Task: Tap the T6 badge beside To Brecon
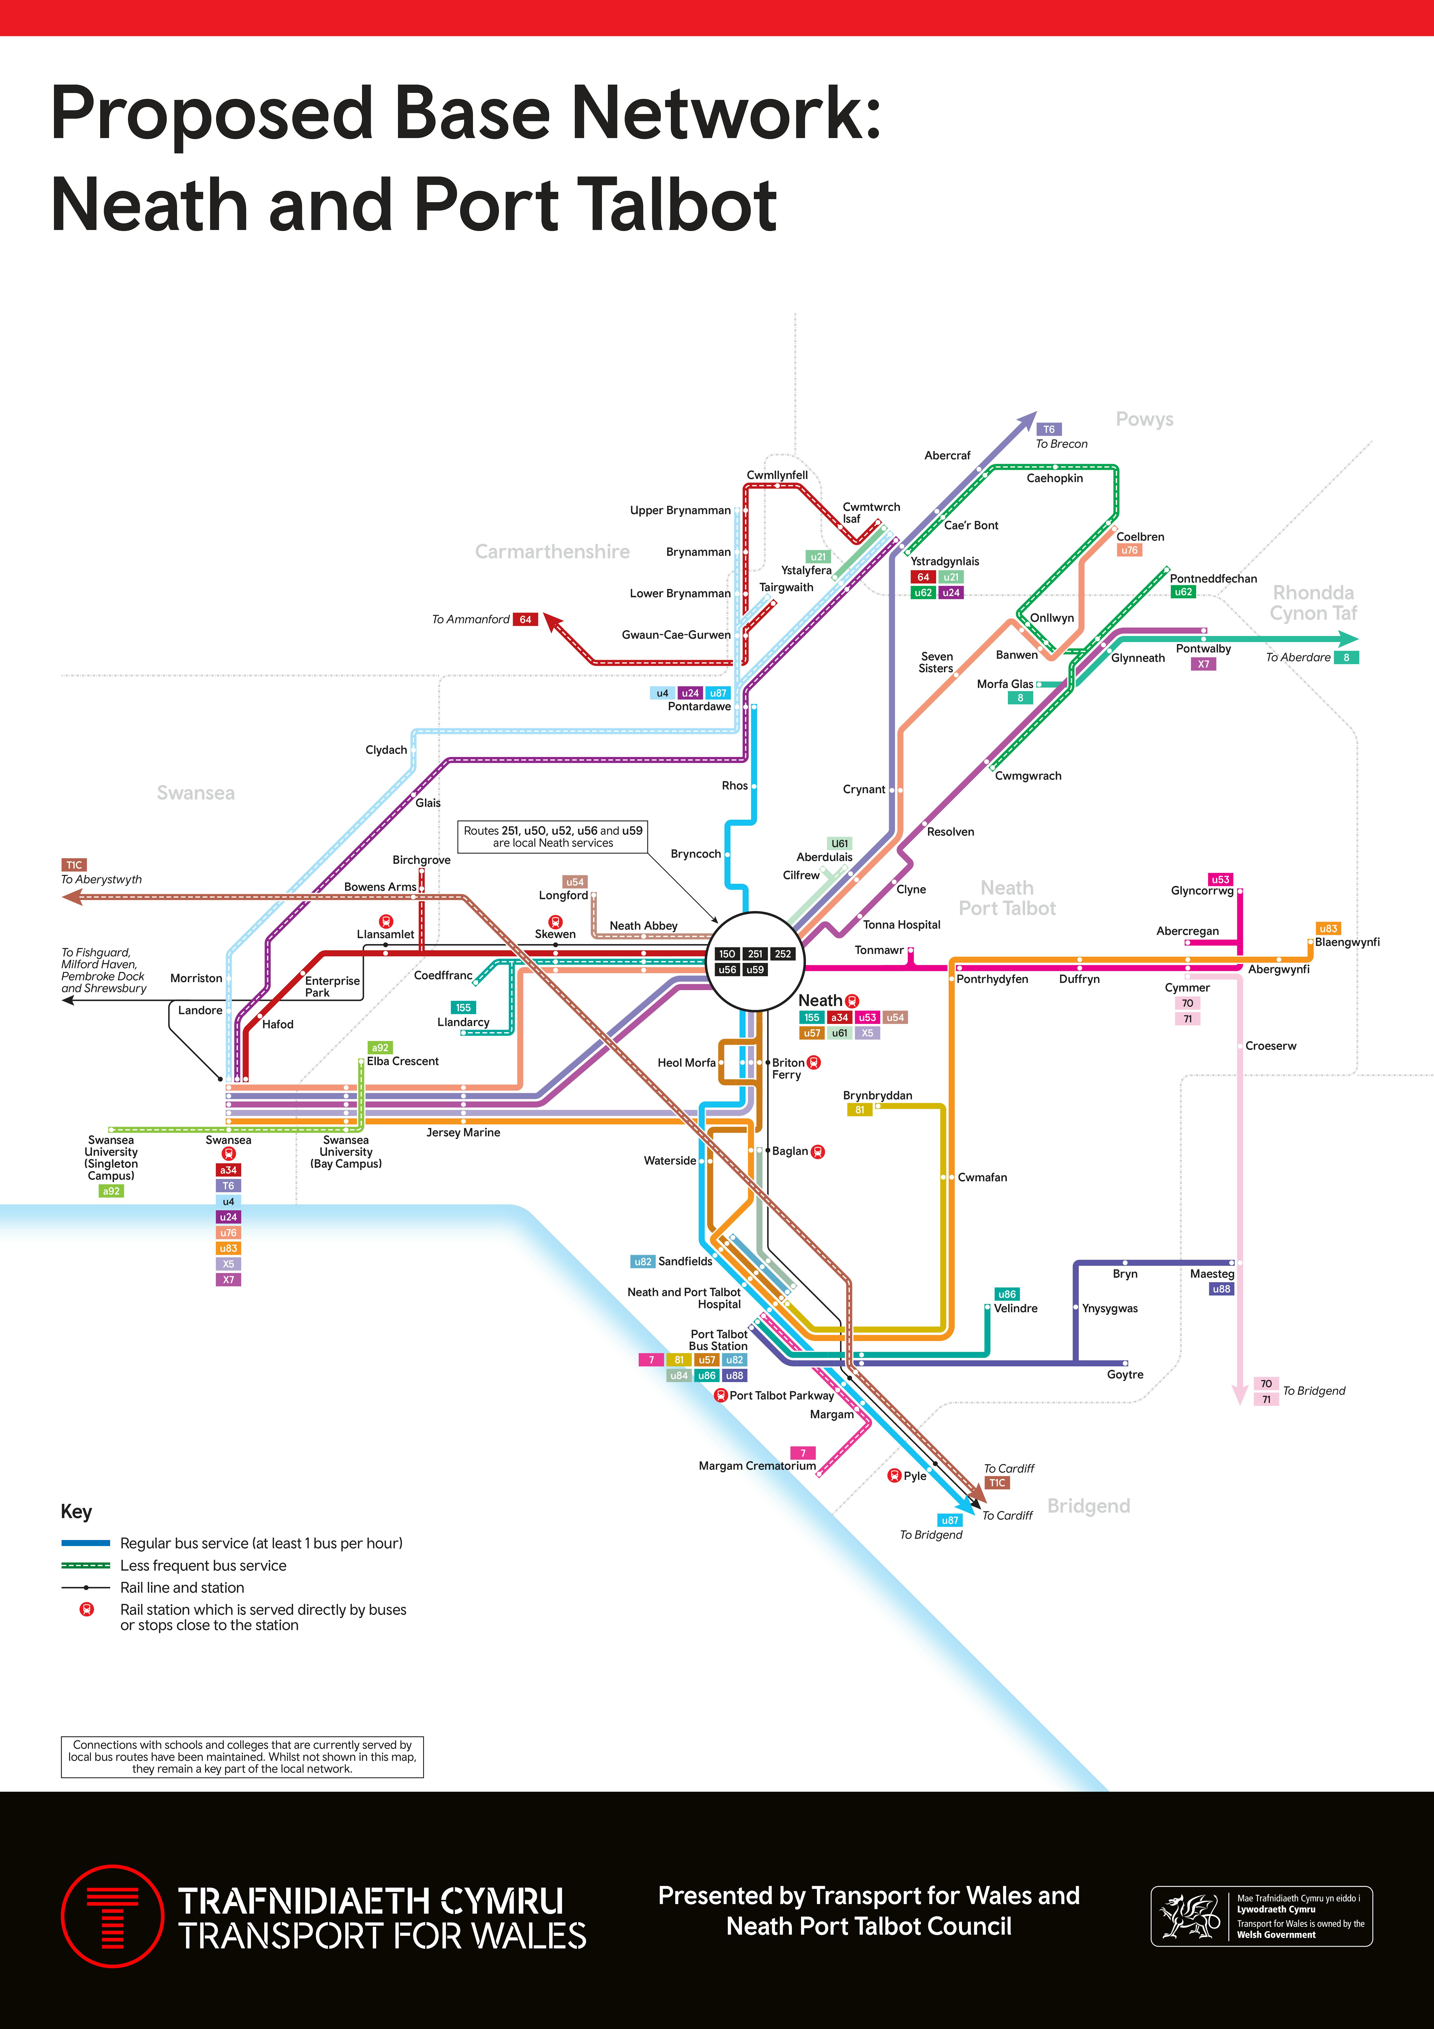(x=1049, y=429)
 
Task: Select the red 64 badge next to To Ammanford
(x=525, y=619)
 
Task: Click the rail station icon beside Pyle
(x=894, y=1476)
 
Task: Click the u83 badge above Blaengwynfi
(x=1328, y=929)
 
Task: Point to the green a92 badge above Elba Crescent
(x=380, y=1048)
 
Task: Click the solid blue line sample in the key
(x=86, y=1543)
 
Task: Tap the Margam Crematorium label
(x=757, y=1466)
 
